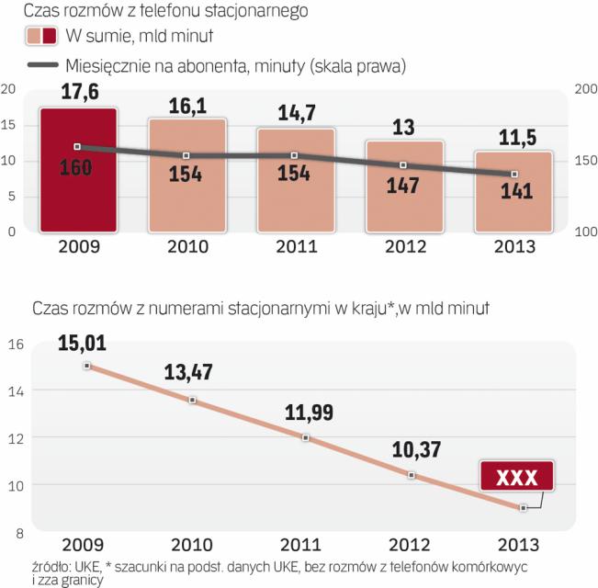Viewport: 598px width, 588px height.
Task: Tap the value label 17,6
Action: (x=77, y=94)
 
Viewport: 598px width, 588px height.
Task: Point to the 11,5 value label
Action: (x=513, y=138)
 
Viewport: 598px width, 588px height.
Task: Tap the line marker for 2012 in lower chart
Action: (x=412, y=475)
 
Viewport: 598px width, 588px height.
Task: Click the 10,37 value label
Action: (x=410, y=453)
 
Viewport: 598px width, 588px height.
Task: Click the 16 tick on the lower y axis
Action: (x=14, y=345)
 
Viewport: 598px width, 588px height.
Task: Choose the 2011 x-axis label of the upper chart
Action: (x=296, y=247)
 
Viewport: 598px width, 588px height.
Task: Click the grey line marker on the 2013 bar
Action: (x=514, y=174)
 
